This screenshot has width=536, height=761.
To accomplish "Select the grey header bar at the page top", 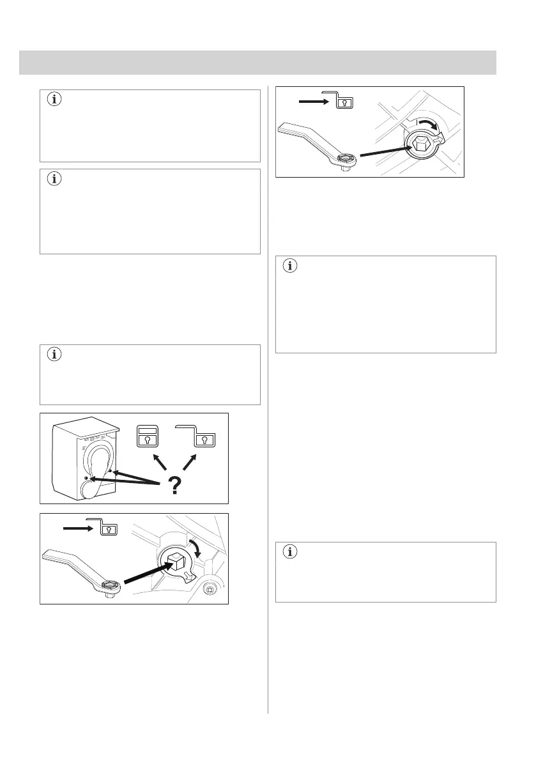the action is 257,63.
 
